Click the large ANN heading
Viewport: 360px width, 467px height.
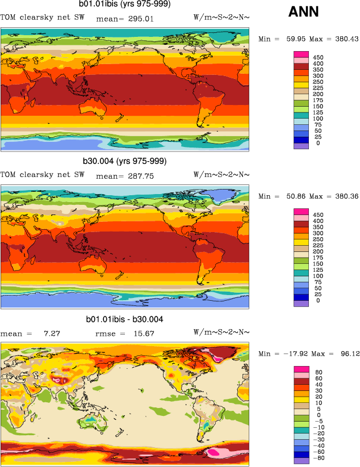[304, 11]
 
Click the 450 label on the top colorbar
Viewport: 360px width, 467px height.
[319, 57]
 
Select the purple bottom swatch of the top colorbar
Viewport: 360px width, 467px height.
[301, 146]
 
